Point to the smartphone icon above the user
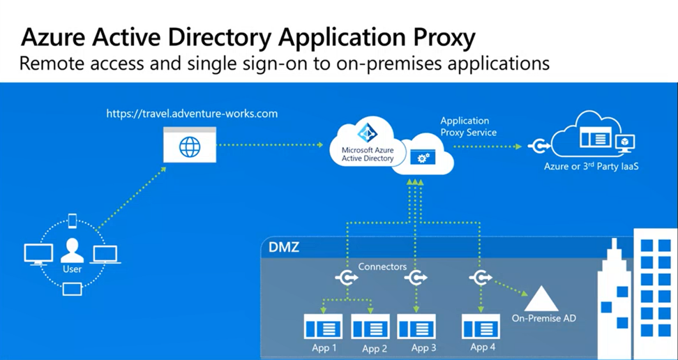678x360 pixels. pos(72,220)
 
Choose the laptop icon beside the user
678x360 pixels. pos(105,254)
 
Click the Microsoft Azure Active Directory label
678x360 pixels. pos(367,154)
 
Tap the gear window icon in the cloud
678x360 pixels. pos(422,158)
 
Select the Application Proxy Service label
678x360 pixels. pos(468,126)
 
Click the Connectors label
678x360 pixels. pos(382,267)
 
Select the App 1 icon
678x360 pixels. pos(323,327)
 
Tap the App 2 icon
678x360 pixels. pos(370,327)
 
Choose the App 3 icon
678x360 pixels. pos(416,327)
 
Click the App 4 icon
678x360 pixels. pos(481,327)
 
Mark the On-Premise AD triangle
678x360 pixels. pos(542,299)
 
